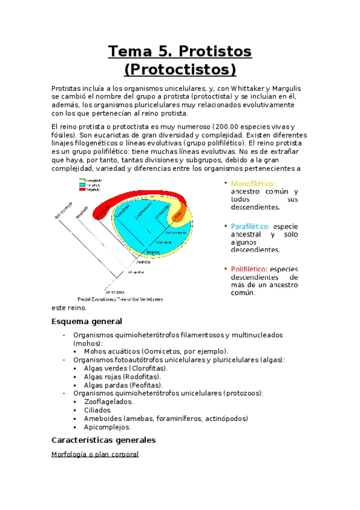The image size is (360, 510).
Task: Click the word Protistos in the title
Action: click(x=215, y=52)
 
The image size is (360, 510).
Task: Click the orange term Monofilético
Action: click(x=253, y=183)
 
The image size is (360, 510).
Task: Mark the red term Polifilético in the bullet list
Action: click(x=249, y=269)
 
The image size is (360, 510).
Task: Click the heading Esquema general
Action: click(x=87, y=321)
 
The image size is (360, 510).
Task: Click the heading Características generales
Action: click(x=104, y=440)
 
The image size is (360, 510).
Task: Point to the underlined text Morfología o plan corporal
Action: click(x=96, y=454)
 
